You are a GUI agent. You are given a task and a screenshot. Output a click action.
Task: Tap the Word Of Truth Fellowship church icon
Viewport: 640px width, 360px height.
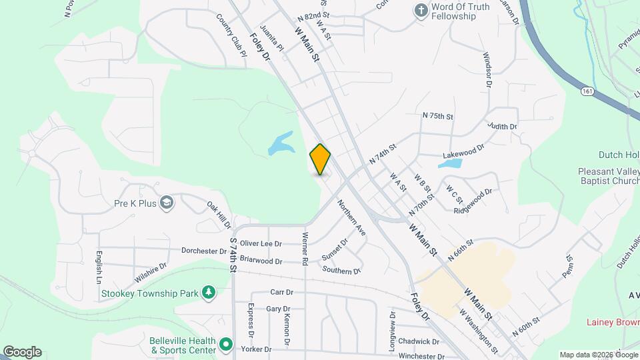421,10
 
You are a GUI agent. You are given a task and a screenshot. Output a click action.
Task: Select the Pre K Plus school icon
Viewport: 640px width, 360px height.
167,202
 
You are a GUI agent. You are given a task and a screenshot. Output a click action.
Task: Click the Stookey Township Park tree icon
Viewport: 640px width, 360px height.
209,292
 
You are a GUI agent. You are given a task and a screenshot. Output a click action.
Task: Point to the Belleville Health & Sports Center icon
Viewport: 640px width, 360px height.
226,345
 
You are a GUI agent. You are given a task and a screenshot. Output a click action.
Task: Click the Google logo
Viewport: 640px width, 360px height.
22,351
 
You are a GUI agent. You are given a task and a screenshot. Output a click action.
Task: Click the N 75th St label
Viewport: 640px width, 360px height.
437,116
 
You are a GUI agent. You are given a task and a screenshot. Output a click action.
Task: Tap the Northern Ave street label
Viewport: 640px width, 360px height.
351,217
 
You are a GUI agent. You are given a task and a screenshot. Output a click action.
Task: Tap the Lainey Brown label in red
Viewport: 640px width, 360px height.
613,322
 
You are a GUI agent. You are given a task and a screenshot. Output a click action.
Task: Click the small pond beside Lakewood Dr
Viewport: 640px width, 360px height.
451,163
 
